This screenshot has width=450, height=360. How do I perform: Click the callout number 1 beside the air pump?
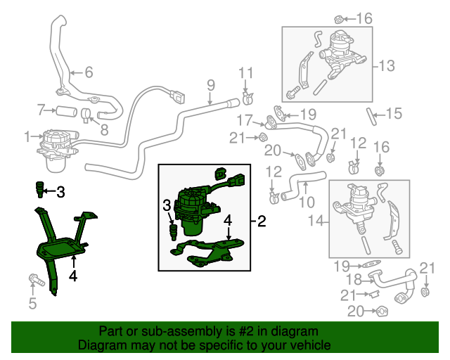27,135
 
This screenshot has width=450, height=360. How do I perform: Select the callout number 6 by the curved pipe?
89,71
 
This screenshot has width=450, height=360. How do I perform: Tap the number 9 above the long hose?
210,86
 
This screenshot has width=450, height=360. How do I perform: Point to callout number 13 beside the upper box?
387,66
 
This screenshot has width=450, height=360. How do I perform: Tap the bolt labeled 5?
33,281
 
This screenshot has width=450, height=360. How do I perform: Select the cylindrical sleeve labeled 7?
67,110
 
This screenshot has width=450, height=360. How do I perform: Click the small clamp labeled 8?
85,114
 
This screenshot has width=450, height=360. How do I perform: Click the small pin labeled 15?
371,112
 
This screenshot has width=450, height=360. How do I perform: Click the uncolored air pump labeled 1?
55,146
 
